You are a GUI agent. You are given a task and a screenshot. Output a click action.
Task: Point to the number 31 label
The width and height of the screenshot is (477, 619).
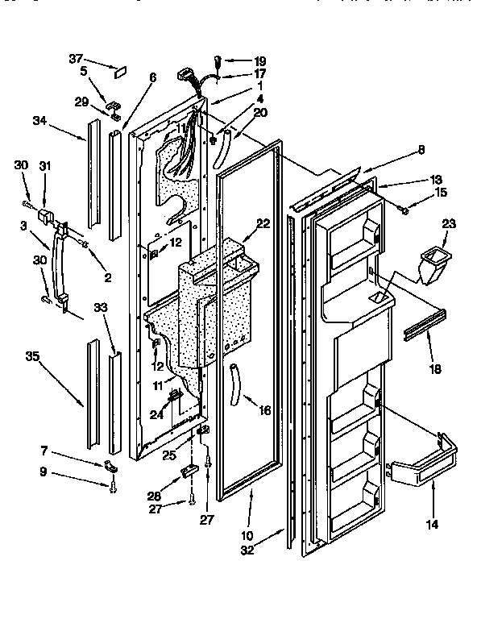pyautogui.click(x=45, y=166)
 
